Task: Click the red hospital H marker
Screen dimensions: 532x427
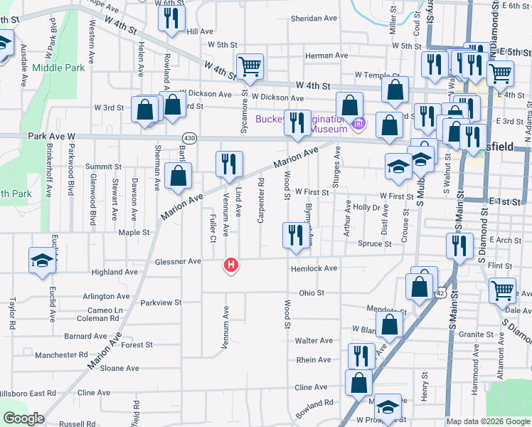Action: [x=230, y=265]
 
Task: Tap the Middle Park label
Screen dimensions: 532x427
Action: [x=58, y=68]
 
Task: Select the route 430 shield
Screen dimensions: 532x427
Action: [x=189, y=137]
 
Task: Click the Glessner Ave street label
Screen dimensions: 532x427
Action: [x=178, y=262]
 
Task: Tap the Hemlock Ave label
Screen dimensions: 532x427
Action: [x=314, y=268]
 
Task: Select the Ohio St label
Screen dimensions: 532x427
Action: [x=312, y=292]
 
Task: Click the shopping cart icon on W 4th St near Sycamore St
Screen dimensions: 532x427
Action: [x=249, y=68]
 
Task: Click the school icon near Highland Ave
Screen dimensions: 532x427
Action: [x=41, y=260]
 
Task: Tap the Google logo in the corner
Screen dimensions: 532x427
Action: [x=23, y=418]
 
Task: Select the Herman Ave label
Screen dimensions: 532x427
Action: [x=326, y=56]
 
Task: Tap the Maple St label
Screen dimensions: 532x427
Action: [x=134, y=232]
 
